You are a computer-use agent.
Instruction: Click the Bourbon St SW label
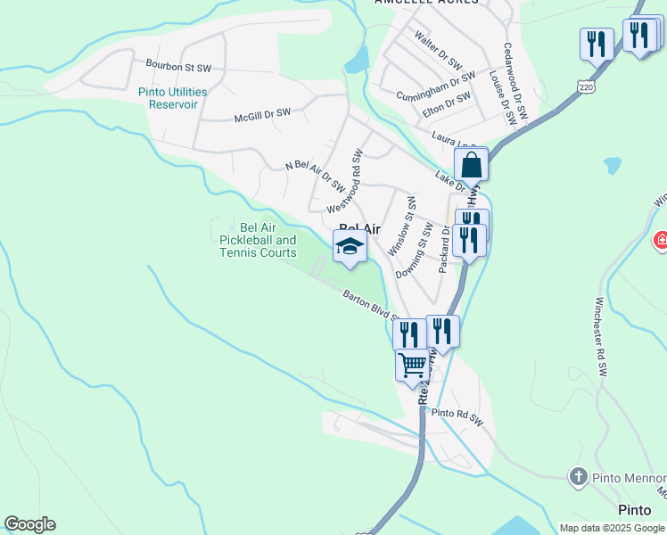178,66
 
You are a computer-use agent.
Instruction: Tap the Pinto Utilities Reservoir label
173,98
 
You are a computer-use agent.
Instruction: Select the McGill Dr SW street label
262,114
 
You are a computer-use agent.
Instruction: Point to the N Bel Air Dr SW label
315,176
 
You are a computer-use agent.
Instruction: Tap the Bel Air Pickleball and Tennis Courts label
258,240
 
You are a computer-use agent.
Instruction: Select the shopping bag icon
471,165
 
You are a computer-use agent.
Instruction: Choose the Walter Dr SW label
438,52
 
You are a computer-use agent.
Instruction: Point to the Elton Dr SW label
447,107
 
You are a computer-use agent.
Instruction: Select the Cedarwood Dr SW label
516,83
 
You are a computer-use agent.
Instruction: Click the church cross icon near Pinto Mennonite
578,477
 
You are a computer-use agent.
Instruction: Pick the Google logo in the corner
29,524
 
